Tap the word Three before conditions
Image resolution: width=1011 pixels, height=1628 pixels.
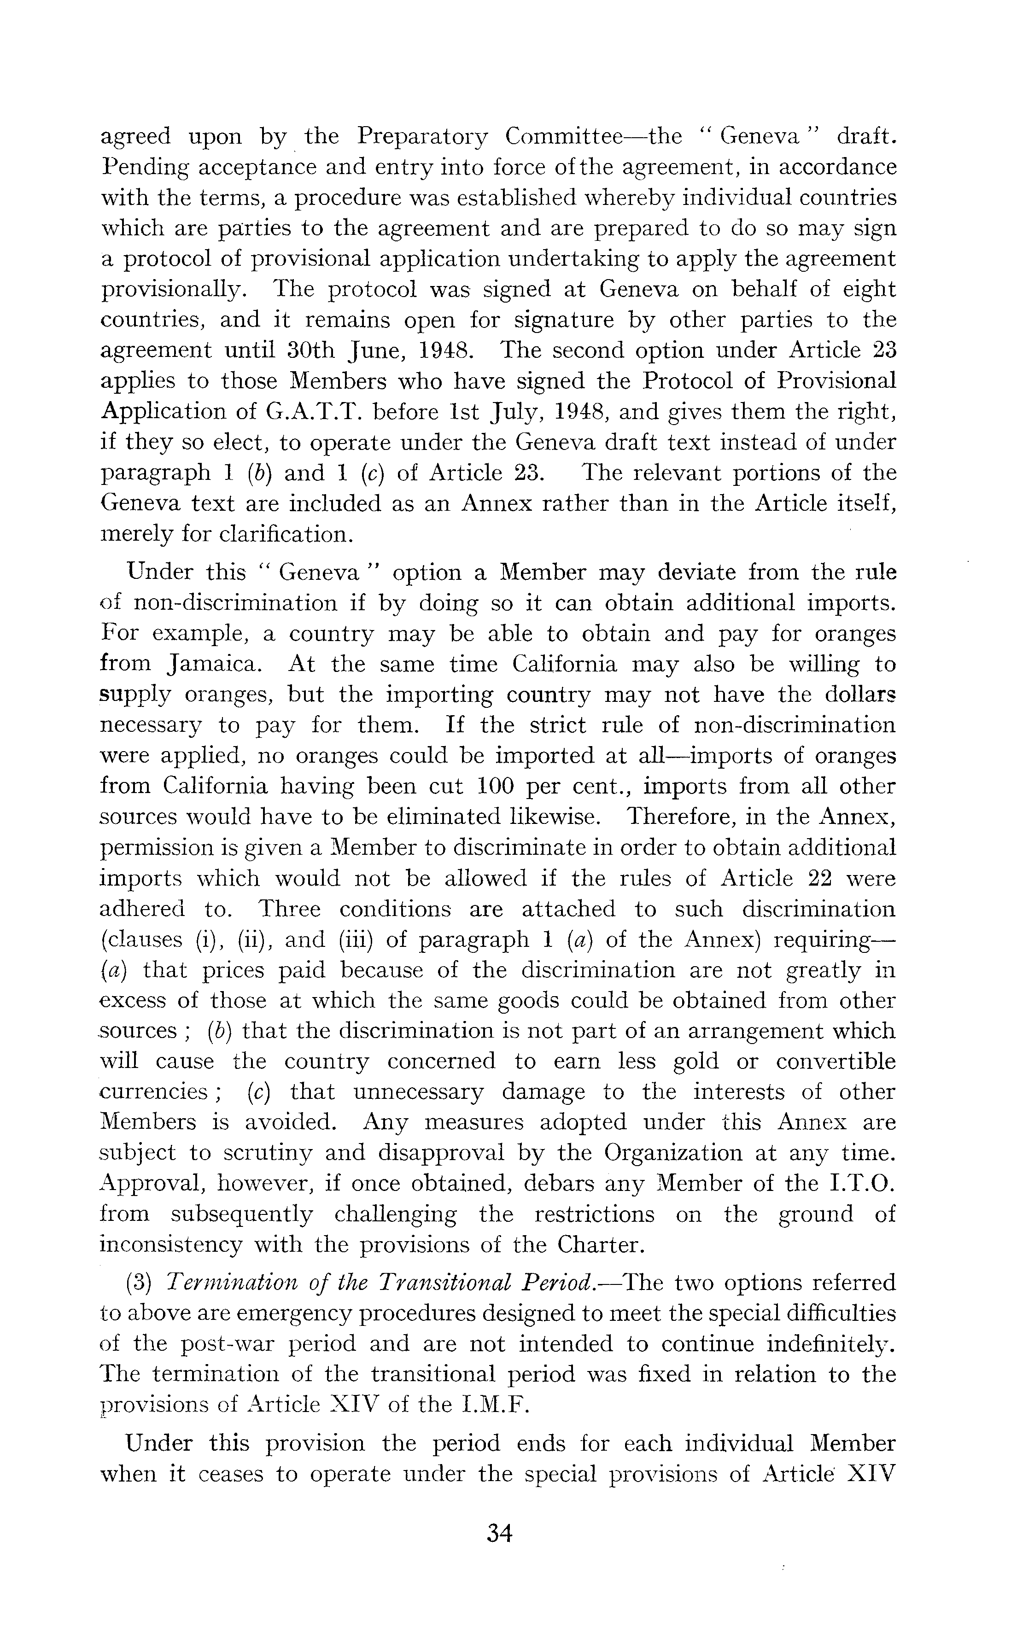[290, 909]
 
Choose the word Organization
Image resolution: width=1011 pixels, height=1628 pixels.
[672, 1153]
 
